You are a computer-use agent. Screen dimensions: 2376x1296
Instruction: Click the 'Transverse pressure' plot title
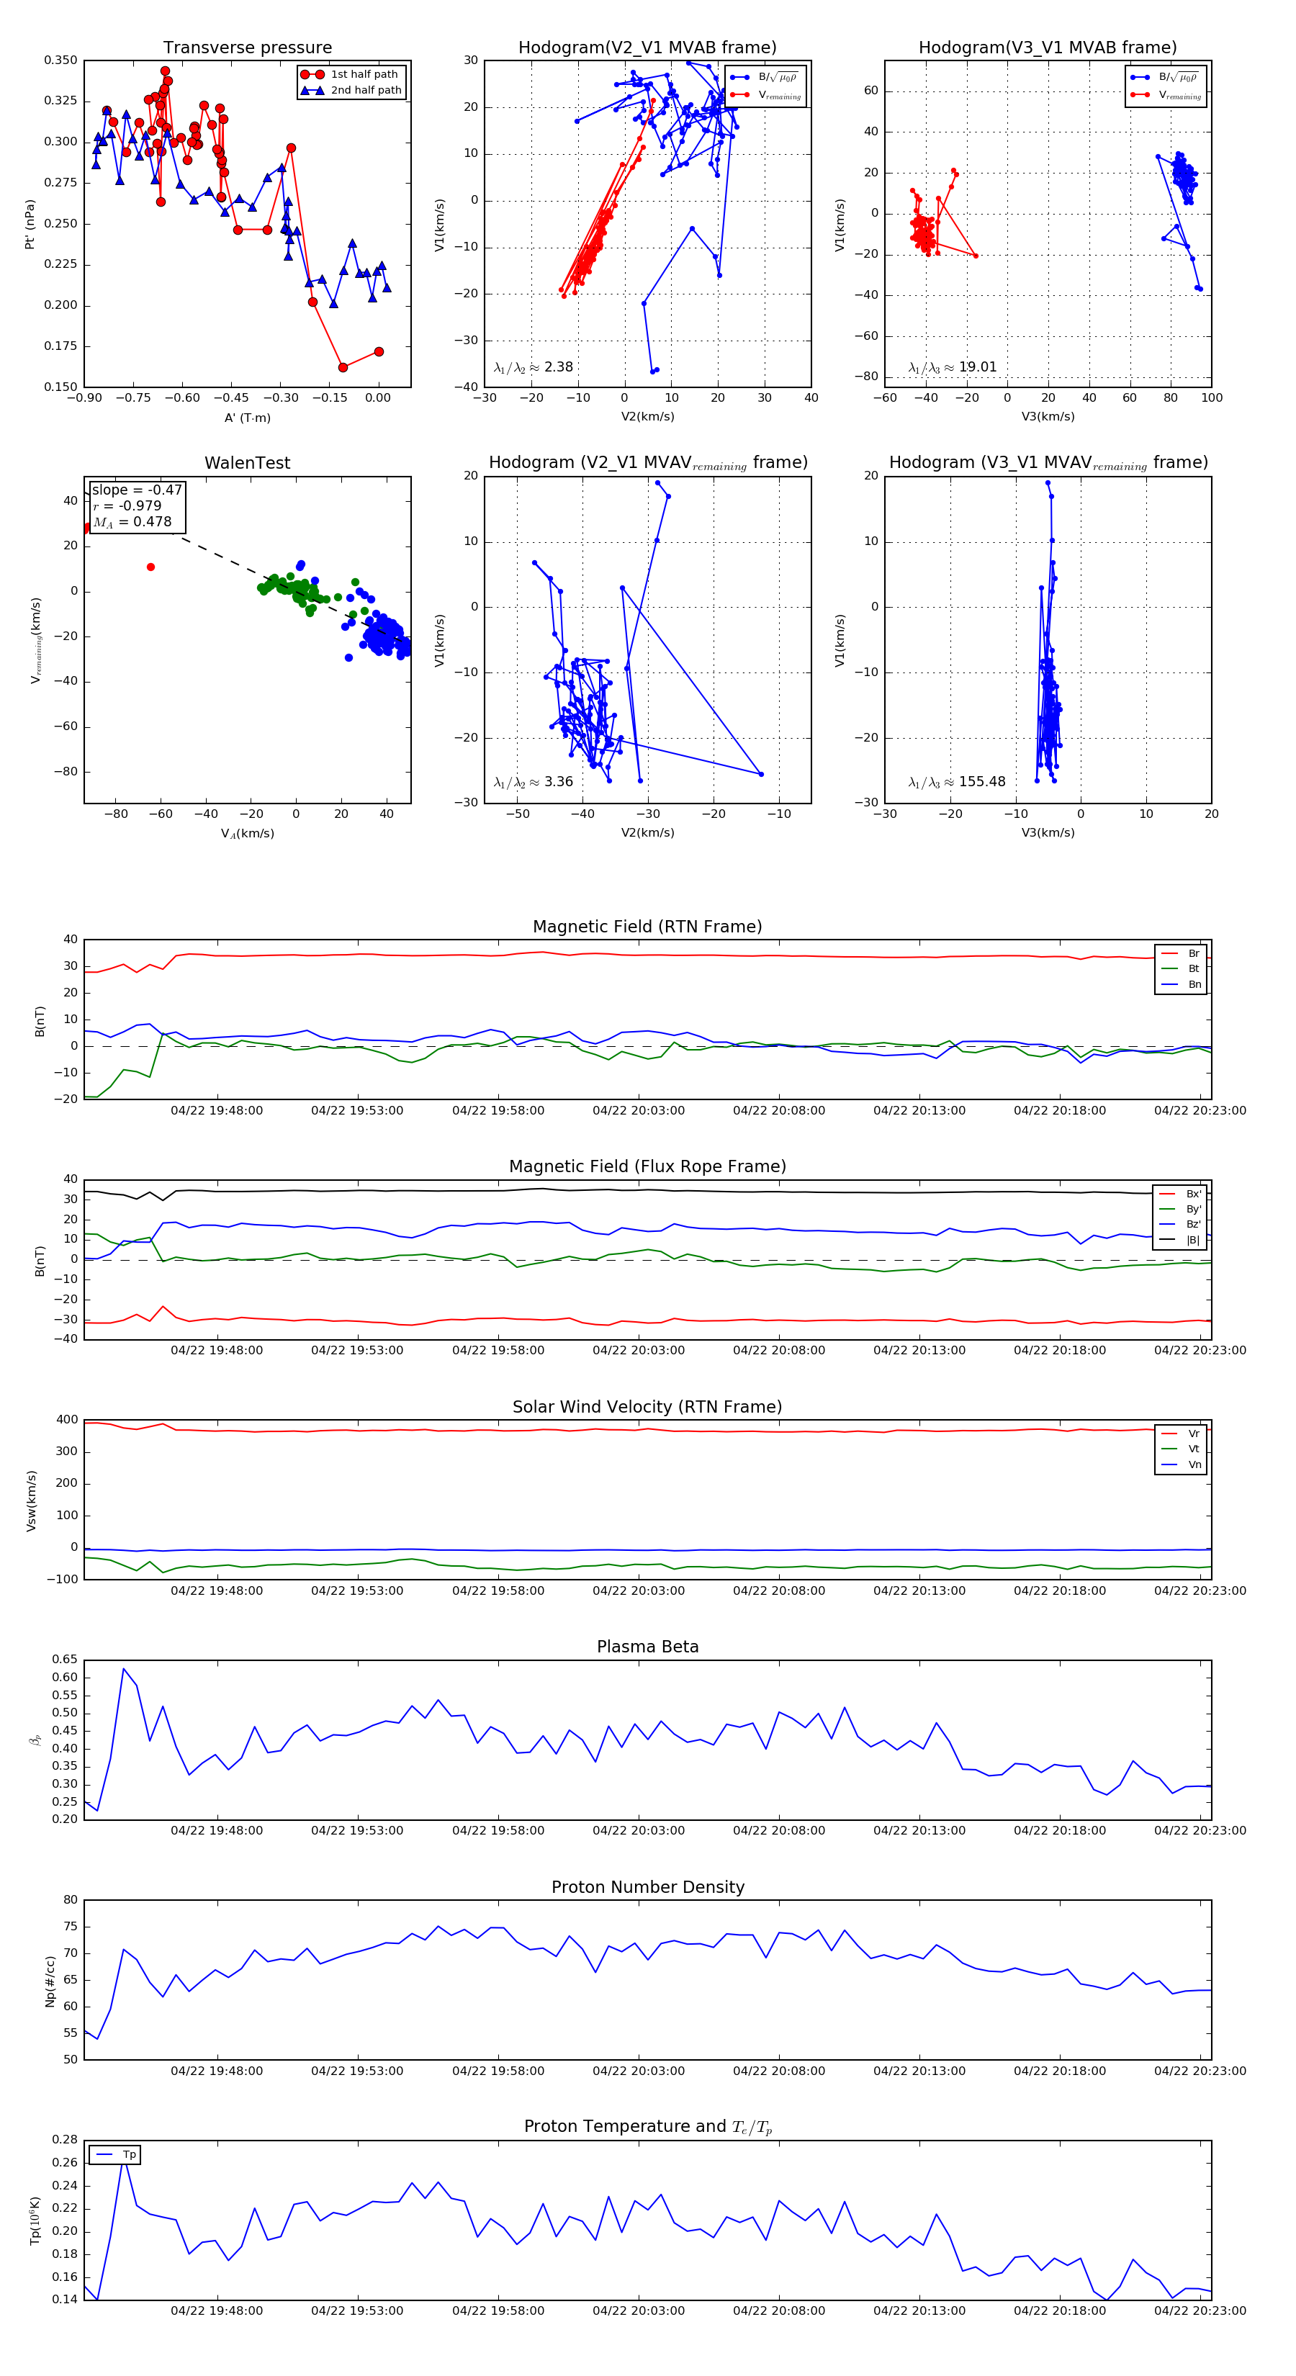click(247, 48)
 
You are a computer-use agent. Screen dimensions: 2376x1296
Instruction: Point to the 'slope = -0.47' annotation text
click(137, 490)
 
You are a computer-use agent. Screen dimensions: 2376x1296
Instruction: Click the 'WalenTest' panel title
click(247, 463)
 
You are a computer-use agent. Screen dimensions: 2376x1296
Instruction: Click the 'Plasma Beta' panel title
click(647, 1647)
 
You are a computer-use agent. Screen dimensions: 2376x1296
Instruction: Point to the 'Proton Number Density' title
click(647, 1887)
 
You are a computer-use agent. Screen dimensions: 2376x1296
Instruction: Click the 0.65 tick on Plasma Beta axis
click(65, 1660)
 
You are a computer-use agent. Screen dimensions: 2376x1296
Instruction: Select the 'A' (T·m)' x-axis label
click(247, 418)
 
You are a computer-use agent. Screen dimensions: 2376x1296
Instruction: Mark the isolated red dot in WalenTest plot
click(150, 567)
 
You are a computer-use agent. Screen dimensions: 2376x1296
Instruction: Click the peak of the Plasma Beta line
click(124, 1668)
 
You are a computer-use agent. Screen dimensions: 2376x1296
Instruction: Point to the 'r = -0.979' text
click(127, 505)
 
